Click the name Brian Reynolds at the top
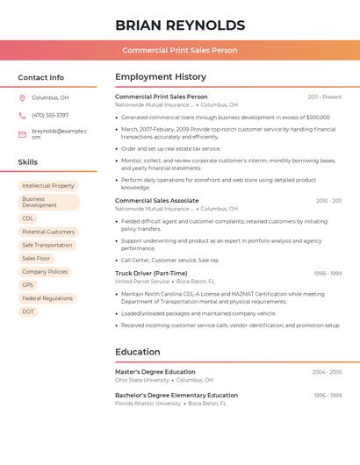tap(179, 25)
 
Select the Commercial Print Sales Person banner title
tap(179, 50)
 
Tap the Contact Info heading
tap(40, 77)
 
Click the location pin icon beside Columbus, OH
tap(22, 97)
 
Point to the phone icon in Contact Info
tap(22, 115)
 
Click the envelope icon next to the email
tap(22, 134)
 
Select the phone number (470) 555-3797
tap(50, 115)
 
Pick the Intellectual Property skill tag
tap(48, 186)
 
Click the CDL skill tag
tap(28, 218)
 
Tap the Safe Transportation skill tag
tap(47, 245)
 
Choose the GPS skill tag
tap(28, 285)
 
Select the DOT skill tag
tap(28, 311)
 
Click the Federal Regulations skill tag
tap(47, 298)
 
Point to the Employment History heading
tap(161, 77)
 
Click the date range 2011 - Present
tap(325, 97)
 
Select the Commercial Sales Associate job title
tap(156, 201)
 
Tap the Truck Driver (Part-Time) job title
tap(151, 273)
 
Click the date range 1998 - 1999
tap(328, 273)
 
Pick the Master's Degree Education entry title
tap(155, 372)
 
